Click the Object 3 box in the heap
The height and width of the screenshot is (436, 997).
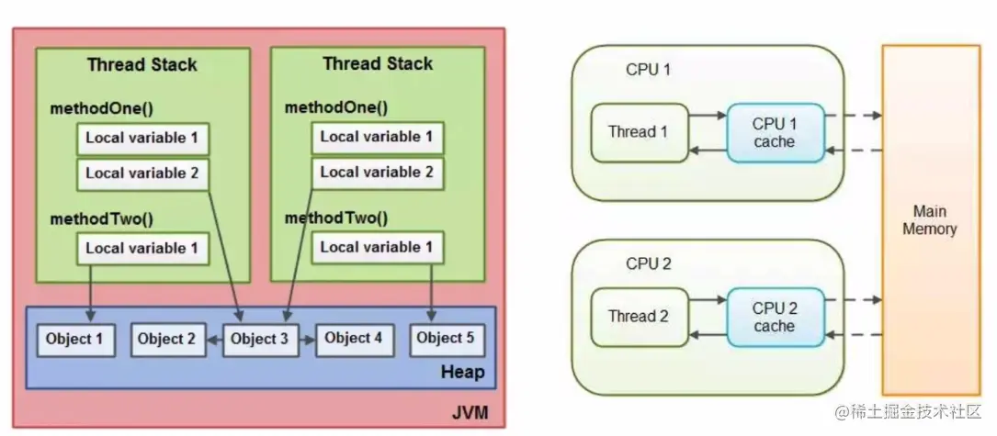point(260,339)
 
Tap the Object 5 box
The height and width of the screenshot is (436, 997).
point(446,339)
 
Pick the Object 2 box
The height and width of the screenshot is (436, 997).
point(166,339)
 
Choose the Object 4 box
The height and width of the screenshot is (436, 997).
point(354,339)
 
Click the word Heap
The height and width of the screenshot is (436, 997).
point(461,374)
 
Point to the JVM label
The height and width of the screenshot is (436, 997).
point(470,414)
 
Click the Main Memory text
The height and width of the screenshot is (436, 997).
point(929,220)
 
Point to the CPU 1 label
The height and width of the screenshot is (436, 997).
point(649,70)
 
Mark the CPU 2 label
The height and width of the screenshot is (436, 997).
point(649,263)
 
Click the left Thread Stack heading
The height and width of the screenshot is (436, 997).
point(142,65)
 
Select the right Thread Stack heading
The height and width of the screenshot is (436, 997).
point(377,64)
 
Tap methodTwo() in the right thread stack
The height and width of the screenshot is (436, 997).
point(336,218)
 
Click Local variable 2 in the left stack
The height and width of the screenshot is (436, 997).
point(142,172)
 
